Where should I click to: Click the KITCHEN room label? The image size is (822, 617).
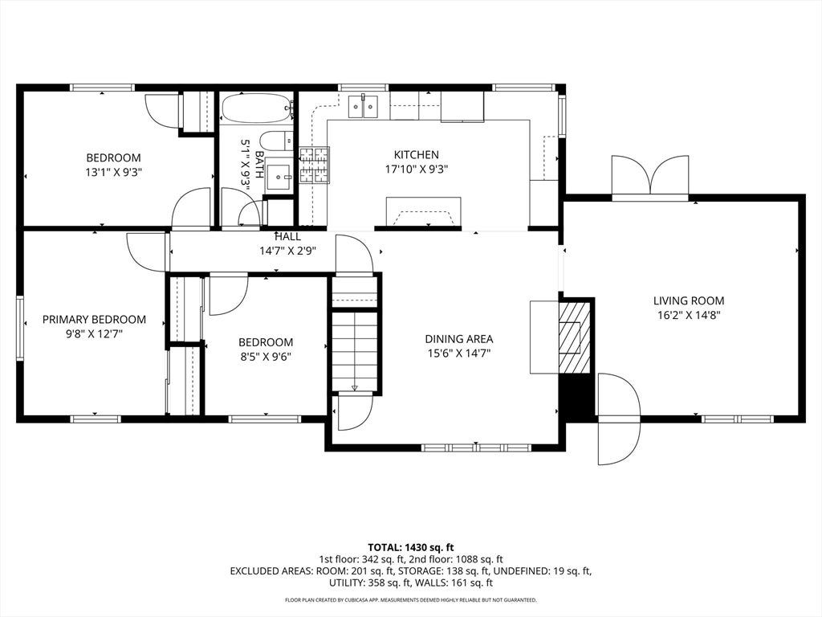point(417,155)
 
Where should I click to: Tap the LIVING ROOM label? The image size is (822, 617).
point(689,300)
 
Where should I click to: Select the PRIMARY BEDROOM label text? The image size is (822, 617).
point(95,320)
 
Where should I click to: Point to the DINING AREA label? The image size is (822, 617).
point(458,340)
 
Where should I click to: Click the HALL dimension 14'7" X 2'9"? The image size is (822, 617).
point(288,251)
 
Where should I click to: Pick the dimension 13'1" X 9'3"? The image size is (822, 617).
point(114,172)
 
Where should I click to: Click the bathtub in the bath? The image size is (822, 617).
point(256,108)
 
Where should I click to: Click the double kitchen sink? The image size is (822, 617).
point(364,107)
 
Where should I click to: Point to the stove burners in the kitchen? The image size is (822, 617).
point(314,165)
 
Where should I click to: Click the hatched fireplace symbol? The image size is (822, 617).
point(575,337)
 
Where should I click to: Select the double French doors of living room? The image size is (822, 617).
point(650,175)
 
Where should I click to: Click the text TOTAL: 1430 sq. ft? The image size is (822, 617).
point(411,548)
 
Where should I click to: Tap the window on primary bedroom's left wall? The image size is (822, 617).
point(20,328)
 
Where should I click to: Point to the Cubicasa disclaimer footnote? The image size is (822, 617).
point(411,599)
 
